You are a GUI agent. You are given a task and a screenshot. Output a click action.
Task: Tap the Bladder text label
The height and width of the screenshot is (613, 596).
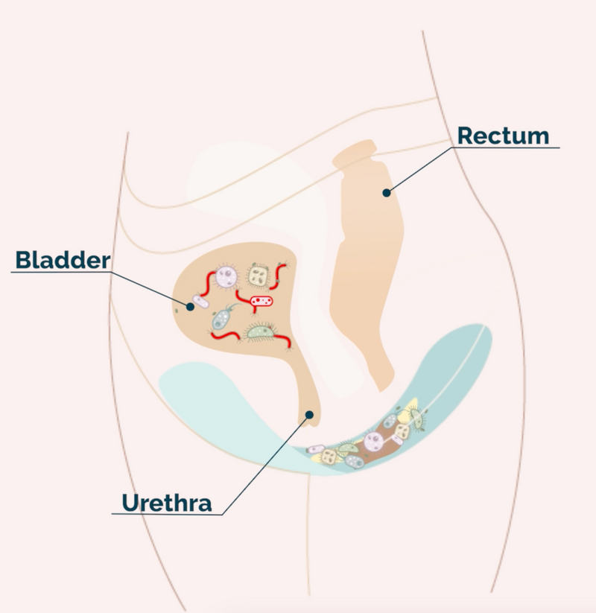pos(63,260)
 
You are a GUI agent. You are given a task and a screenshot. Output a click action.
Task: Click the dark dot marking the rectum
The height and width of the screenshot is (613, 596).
pos(386,193)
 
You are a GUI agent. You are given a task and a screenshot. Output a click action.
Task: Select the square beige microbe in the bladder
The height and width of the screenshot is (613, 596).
pos(259,276)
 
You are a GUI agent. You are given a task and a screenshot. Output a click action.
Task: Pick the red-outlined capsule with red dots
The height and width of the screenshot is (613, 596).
pos(261,302)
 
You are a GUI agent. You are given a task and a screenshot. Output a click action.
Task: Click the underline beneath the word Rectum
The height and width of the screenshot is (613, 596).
pos(507,147)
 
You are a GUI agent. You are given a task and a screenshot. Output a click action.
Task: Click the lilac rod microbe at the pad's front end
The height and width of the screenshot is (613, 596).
pos(317,449)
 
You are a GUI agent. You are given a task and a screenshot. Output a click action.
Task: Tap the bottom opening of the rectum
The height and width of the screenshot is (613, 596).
pos(383,384)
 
